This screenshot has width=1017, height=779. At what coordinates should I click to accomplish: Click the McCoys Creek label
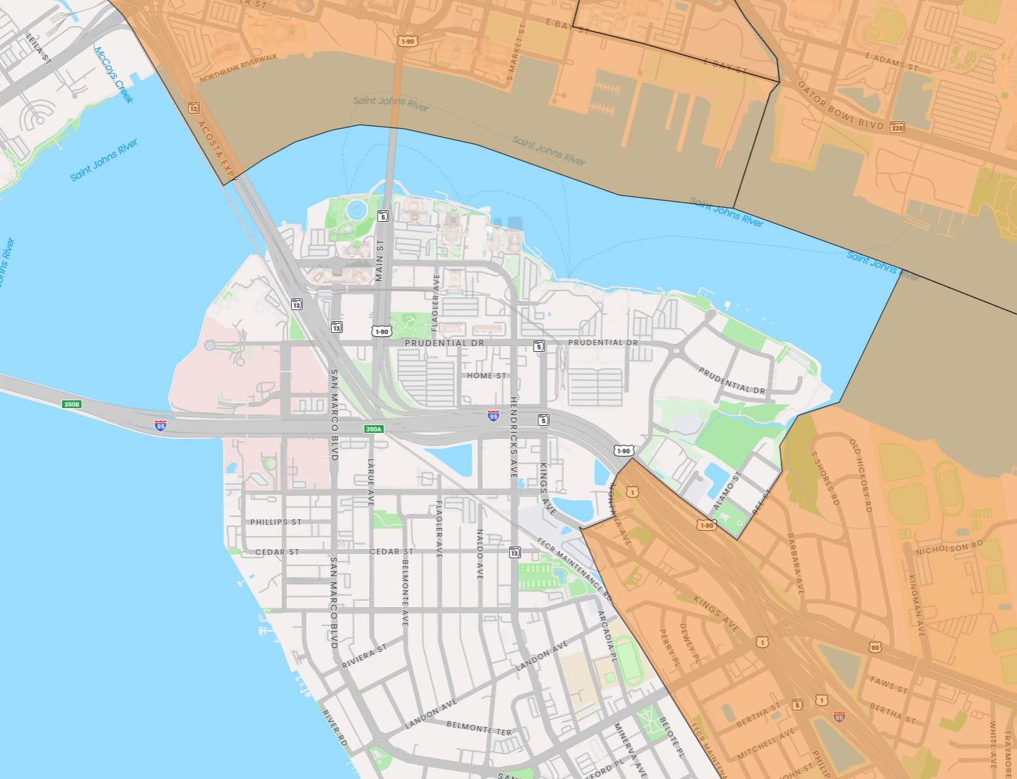(114, 74)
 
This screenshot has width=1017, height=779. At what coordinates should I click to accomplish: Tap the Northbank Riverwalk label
(238, 69)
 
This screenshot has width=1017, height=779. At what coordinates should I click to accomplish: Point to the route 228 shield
(897, 127)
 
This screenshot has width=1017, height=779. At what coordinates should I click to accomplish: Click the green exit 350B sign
(71, 404)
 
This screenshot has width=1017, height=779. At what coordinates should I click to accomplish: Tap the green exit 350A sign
(373, 429)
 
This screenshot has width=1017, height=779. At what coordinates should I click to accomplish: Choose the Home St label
(486, 375)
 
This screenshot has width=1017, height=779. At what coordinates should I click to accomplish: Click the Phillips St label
(276, 522)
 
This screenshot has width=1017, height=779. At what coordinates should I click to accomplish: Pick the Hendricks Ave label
(514, 436)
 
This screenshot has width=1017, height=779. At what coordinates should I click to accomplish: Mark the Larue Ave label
(371, 482)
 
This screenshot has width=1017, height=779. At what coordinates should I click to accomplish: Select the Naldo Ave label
(480, 554)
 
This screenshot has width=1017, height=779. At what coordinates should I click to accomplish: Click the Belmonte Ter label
(479, 728)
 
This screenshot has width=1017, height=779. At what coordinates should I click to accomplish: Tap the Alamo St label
(726, 490)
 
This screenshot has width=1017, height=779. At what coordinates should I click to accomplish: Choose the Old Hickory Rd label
(860, 475)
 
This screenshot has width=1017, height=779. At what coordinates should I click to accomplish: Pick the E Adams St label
(892, 61)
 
